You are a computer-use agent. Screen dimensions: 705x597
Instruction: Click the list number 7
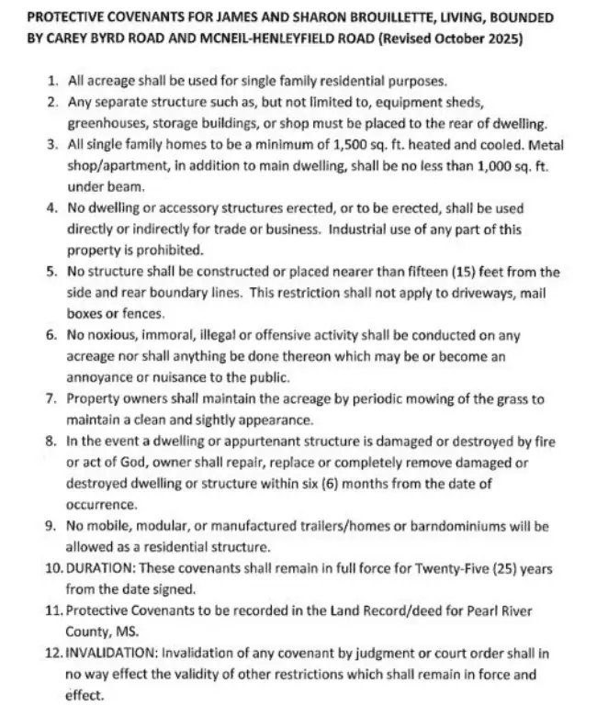(x=51, y=399)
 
